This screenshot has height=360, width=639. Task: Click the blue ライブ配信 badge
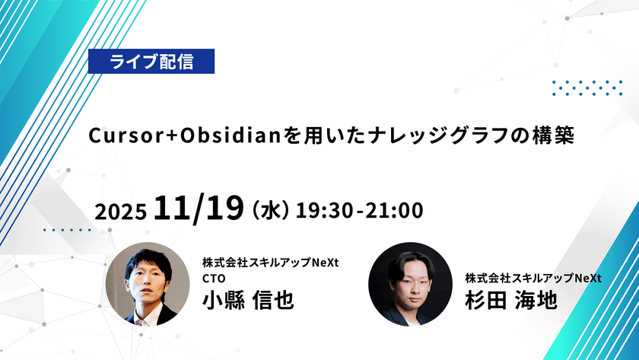151,62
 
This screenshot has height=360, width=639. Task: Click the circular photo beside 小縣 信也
147,283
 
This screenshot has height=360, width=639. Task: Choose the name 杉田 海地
513,298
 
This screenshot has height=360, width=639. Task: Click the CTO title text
215,278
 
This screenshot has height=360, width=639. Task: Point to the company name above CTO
270,263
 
